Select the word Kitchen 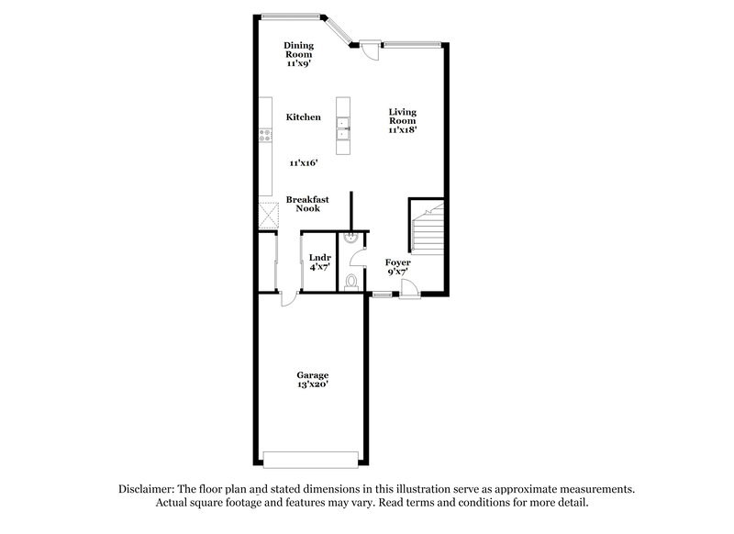[x=303, y=117]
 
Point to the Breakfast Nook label [x=307, y=204]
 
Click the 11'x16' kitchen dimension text [x=303, y=162]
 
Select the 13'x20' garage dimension [x=312, y=386]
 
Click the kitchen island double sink [x=345, y=128]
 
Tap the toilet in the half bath [x=351, y=281]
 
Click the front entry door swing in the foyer [x=409, y=288]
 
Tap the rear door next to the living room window [x=368, y=50]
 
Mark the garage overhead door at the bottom [x=310, y=458]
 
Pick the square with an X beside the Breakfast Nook [x=268, y=215]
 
